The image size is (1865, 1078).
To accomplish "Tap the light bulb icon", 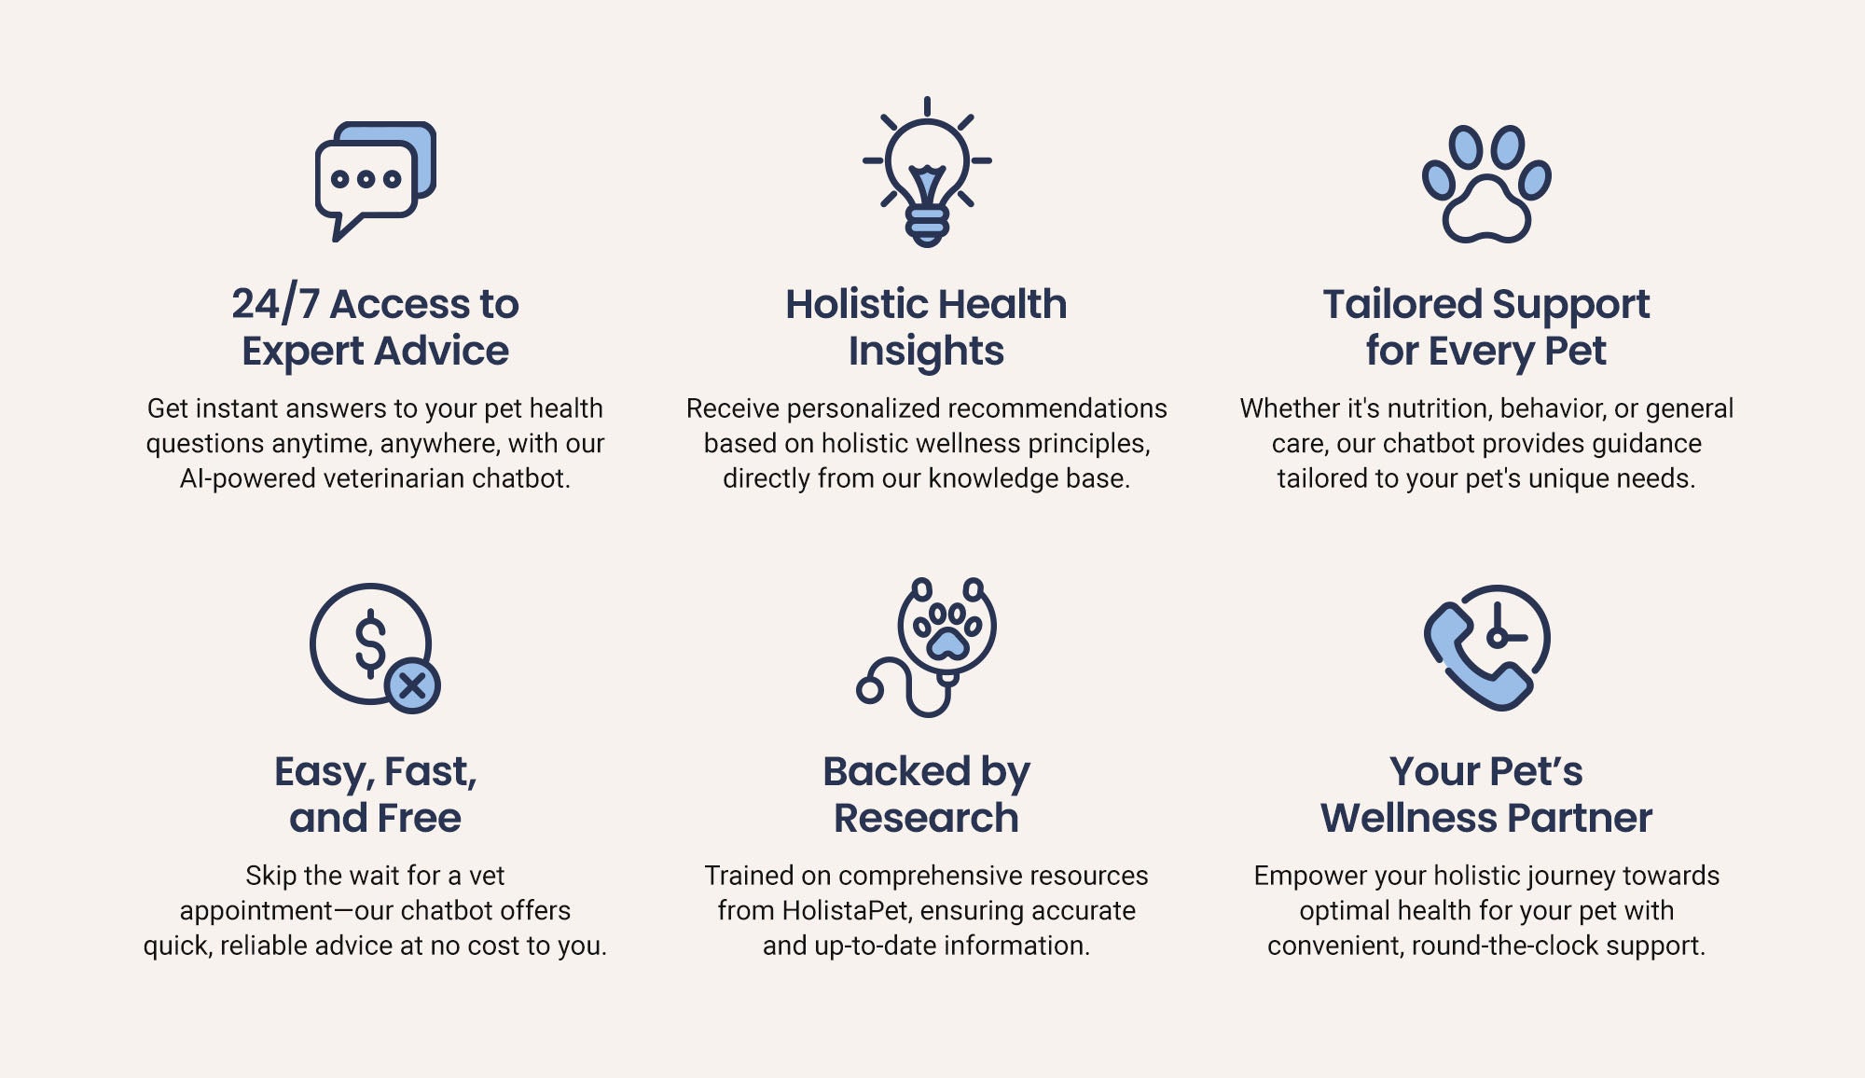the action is (x=927, y=173).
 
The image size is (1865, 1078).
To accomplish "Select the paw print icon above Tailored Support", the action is (x=1486, y=184).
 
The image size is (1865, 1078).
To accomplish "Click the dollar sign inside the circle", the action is (x=370, y=643).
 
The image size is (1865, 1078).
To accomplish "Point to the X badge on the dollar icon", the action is (x=412, y=686).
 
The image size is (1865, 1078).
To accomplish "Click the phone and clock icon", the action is (x=1486, y=647).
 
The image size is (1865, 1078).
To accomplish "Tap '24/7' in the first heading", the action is (x=275, y=303).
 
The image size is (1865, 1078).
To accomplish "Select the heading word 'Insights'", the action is (x=926, y=352).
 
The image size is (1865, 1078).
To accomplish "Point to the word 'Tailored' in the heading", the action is (x=1402, y=304).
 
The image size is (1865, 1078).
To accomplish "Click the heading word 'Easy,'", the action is (x=325, y=773).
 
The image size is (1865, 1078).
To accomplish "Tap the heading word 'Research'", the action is (x=926, y=818).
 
